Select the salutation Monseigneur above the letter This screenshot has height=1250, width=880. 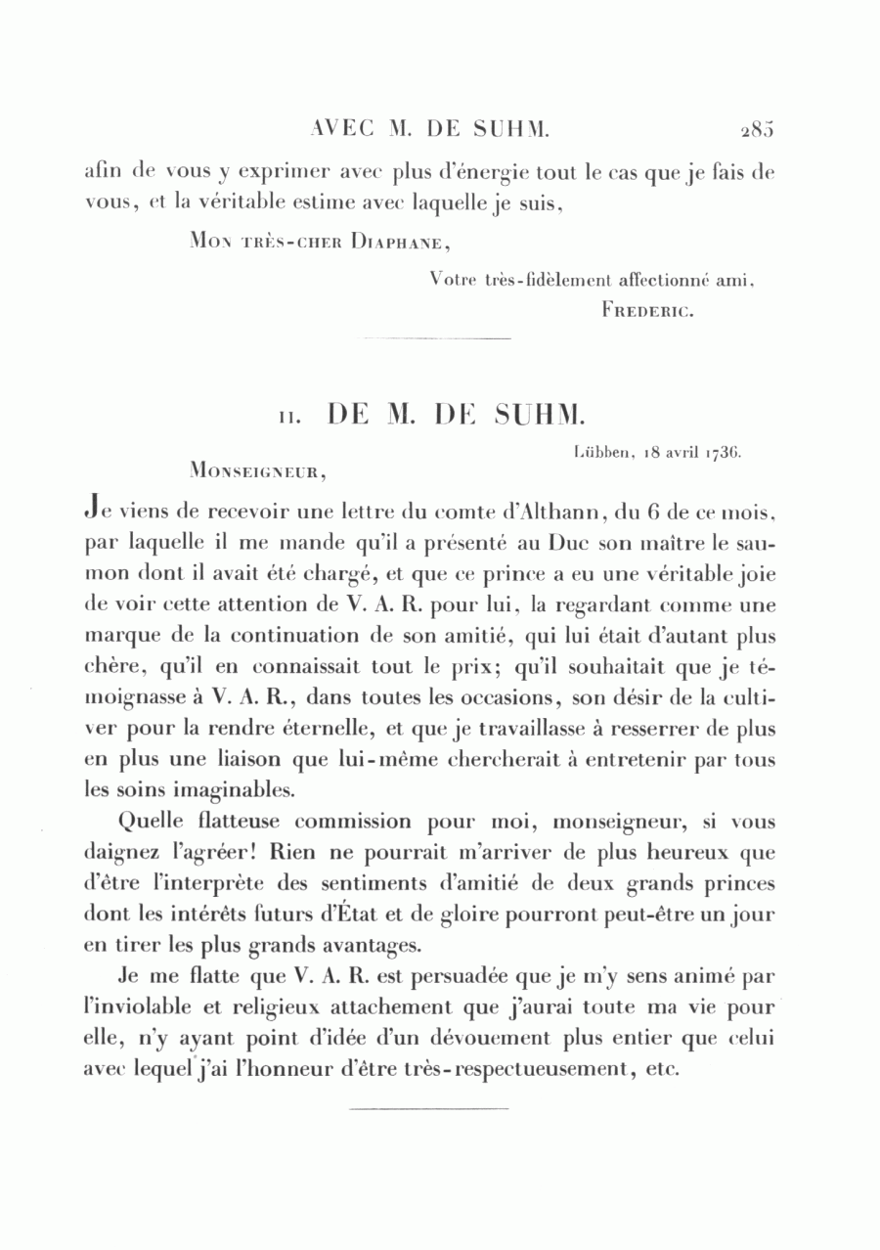pos(259,470)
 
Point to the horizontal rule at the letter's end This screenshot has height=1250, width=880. pos(428,1109)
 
